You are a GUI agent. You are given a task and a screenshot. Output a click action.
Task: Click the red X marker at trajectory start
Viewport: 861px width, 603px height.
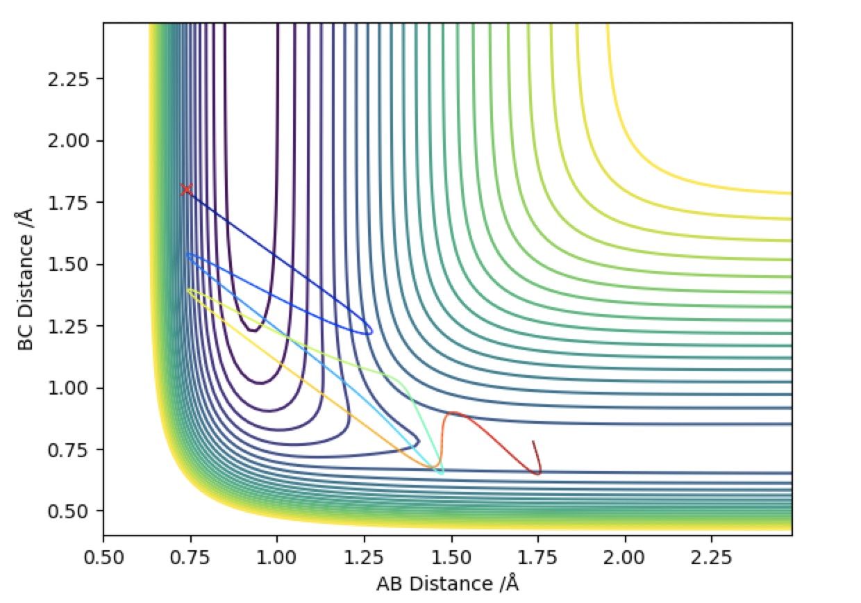186,190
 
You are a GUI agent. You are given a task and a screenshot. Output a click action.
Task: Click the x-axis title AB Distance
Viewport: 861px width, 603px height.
447,584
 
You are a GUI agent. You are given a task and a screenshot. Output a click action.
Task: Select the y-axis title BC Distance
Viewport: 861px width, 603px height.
26,278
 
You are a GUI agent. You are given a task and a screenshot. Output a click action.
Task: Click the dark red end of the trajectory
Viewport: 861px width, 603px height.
533,442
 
